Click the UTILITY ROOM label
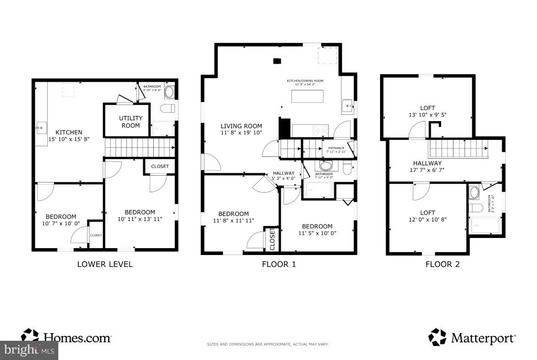130,122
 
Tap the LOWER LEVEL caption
105,264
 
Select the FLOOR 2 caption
442,264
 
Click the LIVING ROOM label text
241,126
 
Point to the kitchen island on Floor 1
307,96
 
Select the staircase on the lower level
140,148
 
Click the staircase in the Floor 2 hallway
457,149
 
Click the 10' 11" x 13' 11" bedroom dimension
140,219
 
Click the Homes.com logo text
76,338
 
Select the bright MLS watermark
29,350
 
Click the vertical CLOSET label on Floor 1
272,239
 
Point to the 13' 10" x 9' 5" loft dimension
427,116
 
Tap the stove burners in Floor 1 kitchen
320,130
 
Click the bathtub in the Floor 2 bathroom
486,226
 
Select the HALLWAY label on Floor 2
427,163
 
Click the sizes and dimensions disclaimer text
268,344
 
